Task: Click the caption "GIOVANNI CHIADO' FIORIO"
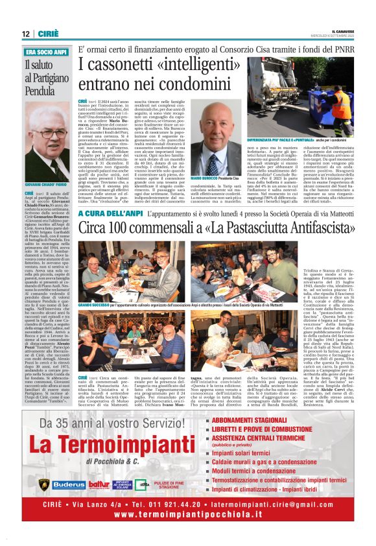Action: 47,185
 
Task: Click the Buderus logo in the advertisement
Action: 69,484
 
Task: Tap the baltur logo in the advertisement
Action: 99,484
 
